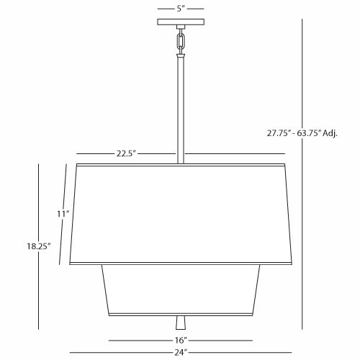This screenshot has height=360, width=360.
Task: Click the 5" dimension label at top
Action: (181, 9)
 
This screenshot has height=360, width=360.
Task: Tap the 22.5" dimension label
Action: (126, 153)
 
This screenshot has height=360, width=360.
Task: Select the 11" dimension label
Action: (63, 214)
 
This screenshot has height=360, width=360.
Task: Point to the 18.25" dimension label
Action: (39, 246)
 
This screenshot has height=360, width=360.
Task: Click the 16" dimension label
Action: (181, 340)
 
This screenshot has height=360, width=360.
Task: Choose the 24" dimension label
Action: (181, 352)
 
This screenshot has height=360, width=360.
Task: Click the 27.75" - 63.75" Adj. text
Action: (302, 133)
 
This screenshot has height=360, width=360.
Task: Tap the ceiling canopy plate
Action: (181, 22)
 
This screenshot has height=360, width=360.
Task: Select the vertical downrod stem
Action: (181, 110)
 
